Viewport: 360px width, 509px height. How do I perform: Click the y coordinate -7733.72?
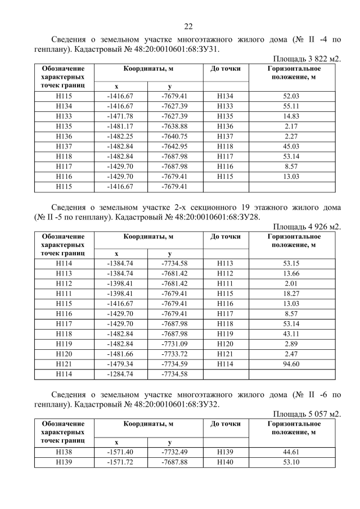[x=174, y=355]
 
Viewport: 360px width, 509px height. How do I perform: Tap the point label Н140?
[x=225, y=461]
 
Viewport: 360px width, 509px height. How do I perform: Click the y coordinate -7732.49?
[x=174, y=451]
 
